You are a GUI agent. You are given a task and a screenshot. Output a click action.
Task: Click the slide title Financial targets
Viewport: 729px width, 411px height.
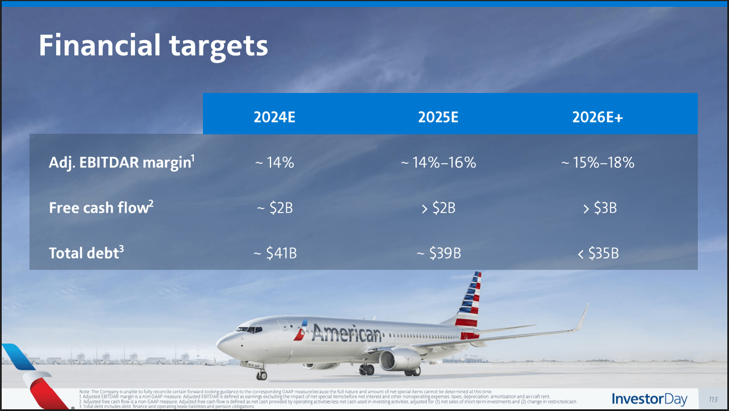(x=153, y=45)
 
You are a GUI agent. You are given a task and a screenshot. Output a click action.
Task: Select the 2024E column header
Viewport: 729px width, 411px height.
(x=275, y=117)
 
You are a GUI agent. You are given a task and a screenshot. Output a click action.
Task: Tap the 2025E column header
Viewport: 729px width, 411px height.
(x=438, y=117)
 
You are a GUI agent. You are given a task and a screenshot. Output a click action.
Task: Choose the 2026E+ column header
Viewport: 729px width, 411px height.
(x=597, y=117)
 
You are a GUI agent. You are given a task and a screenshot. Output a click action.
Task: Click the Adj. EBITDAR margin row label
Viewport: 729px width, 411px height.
(x=122, y=163)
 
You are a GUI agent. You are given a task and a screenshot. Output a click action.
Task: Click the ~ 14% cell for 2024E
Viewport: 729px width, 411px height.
(x=274, y=163)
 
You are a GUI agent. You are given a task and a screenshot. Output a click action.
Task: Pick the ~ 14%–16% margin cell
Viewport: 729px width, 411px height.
(x=438, y=163)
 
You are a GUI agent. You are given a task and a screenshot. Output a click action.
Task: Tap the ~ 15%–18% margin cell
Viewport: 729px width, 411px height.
(x=597, y=163)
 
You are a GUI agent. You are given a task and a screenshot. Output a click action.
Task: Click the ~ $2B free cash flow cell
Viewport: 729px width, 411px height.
(x=274, y=208)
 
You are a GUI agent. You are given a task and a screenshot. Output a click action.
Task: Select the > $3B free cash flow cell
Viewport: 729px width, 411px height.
(x=599, y=208)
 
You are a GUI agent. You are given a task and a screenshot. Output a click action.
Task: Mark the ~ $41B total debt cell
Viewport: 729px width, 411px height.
(x=274, y=253)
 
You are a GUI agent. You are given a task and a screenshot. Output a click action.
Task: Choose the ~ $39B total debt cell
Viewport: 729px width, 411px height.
(x=438, y=253)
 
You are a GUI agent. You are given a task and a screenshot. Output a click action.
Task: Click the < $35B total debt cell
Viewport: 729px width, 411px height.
(x=598, y=253)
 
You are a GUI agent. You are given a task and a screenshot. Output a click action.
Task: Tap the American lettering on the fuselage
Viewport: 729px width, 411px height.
(x=346, y=334)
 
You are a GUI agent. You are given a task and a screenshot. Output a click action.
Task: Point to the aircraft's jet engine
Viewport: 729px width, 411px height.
(x=400, y=359)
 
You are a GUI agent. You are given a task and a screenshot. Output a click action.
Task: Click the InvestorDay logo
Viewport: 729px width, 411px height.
(x=650, y=399)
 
